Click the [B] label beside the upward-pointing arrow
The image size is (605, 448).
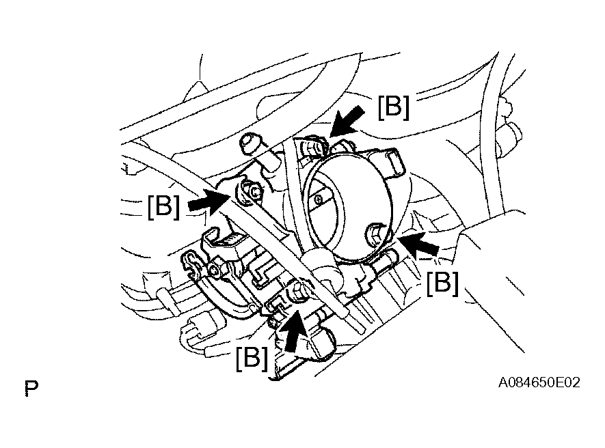point(251,358)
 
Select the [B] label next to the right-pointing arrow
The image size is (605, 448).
point(163,206)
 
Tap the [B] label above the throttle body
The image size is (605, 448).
point(393,107)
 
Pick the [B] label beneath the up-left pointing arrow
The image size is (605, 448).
point(442,282)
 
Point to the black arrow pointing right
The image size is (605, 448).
point(208,201)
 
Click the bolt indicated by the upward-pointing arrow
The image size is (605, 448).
point(298,294)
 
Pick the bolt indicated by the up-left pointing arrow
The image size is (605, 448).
point(377,234)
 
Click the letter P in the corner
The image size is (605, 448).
point(30,389)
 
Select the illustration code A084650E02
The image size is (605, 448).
point(539,383)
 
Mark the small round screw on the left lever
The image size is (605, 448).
point(216,272)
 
